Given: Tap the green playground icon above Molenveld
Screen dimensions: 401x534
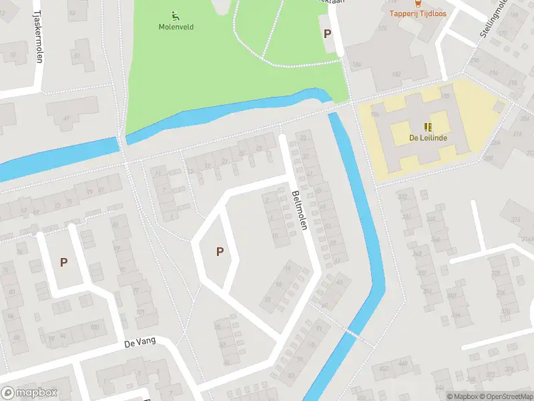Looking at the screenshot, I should (x=175, y=16).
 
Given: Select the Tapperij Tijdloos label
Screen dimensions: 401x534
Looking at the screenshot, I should (x=418, y=13).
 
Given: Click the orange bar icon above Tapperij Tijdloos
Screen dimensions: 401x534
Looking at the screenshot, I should (x=418, y=3).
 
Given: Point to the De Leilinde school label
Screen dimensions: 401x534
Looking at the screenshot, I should (x=427, y=138).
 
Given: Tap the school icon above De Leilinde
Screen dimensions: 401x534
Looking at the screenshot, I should (x=427, y=126).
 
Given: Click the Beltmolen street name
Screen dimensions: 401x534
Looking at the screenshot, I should (x=298, y=211).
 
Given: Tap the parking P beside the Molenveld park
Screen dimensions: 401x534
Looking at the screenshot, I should (x=327, y=33).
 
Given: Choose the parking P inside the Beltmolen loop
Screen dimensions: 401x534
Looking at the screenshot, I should (x=219, y=251).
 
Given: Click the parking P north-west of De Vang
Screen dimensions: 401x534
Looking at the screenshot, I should (x=63, y=262).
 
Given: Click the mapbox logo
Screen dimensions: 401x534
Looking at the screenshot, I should (x=29, y=393).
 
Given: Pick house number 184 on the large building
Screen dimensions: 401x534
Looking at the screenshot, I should (x=356, y=65).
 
